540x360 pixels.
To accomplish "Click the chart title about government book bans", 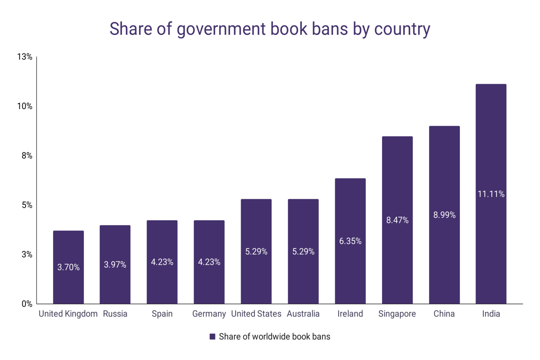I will pyautogui.click(x=270, y=29).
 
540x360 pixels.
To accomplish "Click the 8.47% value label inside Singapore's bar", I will pyautogui.click(x=397, y=220).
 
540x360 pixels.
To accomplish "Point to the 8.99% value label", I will pyautogui.click(x=444, y=215).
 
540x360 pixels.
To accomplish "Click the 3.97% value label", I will pyautogui.click(x=115, y=264).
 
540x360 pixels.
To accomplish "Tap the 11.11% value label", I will pyautogui.click(x=491, y=194).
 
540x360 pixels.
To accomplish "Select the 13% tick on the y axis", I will pyautogui.click(x=25, y=57).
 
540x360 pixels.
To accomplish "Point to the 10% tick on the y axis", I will pyautogui.click(x=25, y=106).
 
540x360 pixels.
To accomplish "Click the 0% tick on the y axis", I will pyautogui.click(x=27, y=304).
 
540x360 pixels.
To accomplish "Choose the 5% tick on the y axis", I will pyautogui.click(x=27, y=205).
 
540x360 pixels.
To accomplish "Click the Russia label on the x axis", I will pyautogui.click(x=115, y=314).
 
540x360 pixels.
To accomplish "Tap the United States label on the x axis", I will pyautogui.click(x=256, y=314).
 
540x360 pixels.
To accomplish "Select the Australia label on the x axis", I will pyautogui.click(x=303, y=314).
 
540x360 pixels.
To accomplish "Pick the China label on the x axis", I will pyautogui.click(x=444, y=314).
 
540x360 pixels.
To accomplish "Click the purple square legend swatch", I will pyautogui.click(x=212, y=336).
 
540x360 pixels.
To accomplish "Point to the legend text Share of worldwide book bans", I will pyautogui.click(x=274, y=336).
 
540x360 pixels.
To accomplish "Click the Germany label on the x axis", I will pyautogui.click(x=209, y=314).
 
